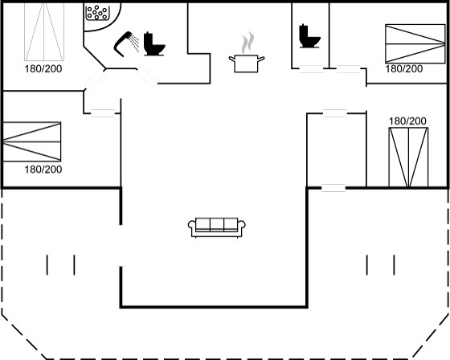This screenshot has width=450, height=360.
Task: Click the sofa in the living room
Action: click(217, 227)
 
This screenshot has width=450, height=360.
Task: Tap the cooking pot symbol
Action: click(246, 63)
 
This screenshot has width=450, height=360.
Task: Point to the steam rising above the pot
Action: click(247, 43)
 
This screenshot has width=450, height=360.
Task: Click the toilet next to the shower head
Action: click(153, 43)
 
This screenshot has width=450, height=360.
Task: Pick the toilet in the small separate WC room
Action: click(309, 36)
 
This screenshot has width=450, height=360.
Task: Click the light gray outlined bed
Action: click(44, 31)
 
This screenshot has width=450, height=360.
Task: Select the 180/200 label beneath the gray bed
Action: click(43, 69)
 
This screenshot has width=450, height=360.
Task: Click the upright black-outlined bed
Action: click(408, 157)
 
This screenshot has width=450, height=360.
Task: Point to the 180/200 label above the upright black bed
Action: click(407, 121)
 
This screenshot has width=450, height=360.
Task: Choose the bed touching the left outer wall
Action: click(32, 141)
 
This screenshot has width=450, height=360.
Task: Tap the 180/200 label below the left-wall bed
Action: click(43, 170)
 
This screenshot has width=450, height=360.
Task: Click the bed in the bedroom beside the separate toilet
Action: click(415, 43)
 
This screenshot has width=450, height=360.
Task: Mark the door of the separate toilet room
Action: click(311, 69)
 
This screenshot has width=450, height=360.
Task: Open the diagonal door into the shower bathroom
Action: click(146, 76)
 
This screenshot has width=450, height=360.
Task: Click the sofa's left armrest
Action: click(192, 228)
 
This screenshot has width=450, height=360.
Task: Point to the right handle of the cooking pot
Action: click(261, 59)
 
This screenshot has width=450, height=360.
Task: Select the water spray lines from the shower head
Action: click(135, 43)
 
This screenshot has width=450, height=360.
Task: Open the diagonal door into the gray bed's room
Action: click(96, 80)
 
